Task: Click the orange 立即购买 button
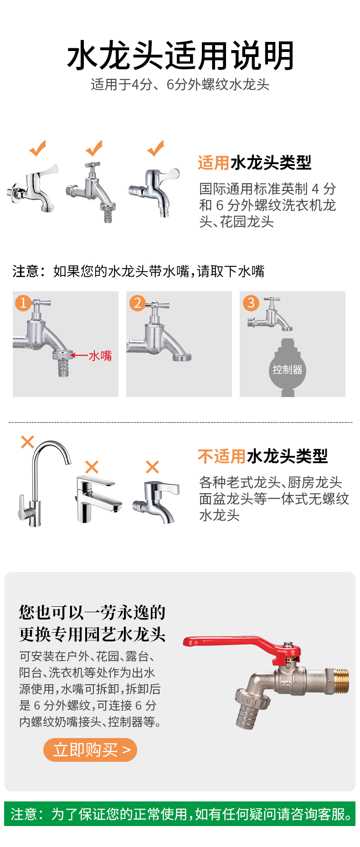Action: click(90, 749)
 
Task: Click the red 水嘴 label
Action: click(100, 356)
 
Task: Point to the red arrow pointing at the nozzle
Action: click(79, 356)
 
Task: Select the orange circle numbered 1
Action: click(23, 303)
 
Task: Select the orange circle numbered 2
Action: click(137, 303)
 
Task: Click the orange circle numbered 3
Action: click(251, 303)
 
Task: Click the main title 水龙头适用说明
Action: click(180, 56)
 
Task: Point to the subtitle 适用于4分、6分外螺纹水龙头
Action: click(180, 84)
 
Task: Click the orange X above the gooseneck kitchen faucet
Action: click(28, 442)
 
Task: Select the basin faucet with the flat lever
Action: click(98, 500)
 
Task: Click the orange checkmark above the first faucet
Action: click(38, 148)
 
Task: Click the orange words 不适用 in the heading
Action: click(222, 456)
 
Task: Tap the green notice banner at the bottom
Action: click(180, 814)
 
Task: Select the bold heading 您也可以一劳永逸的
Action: click(93, 612)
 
